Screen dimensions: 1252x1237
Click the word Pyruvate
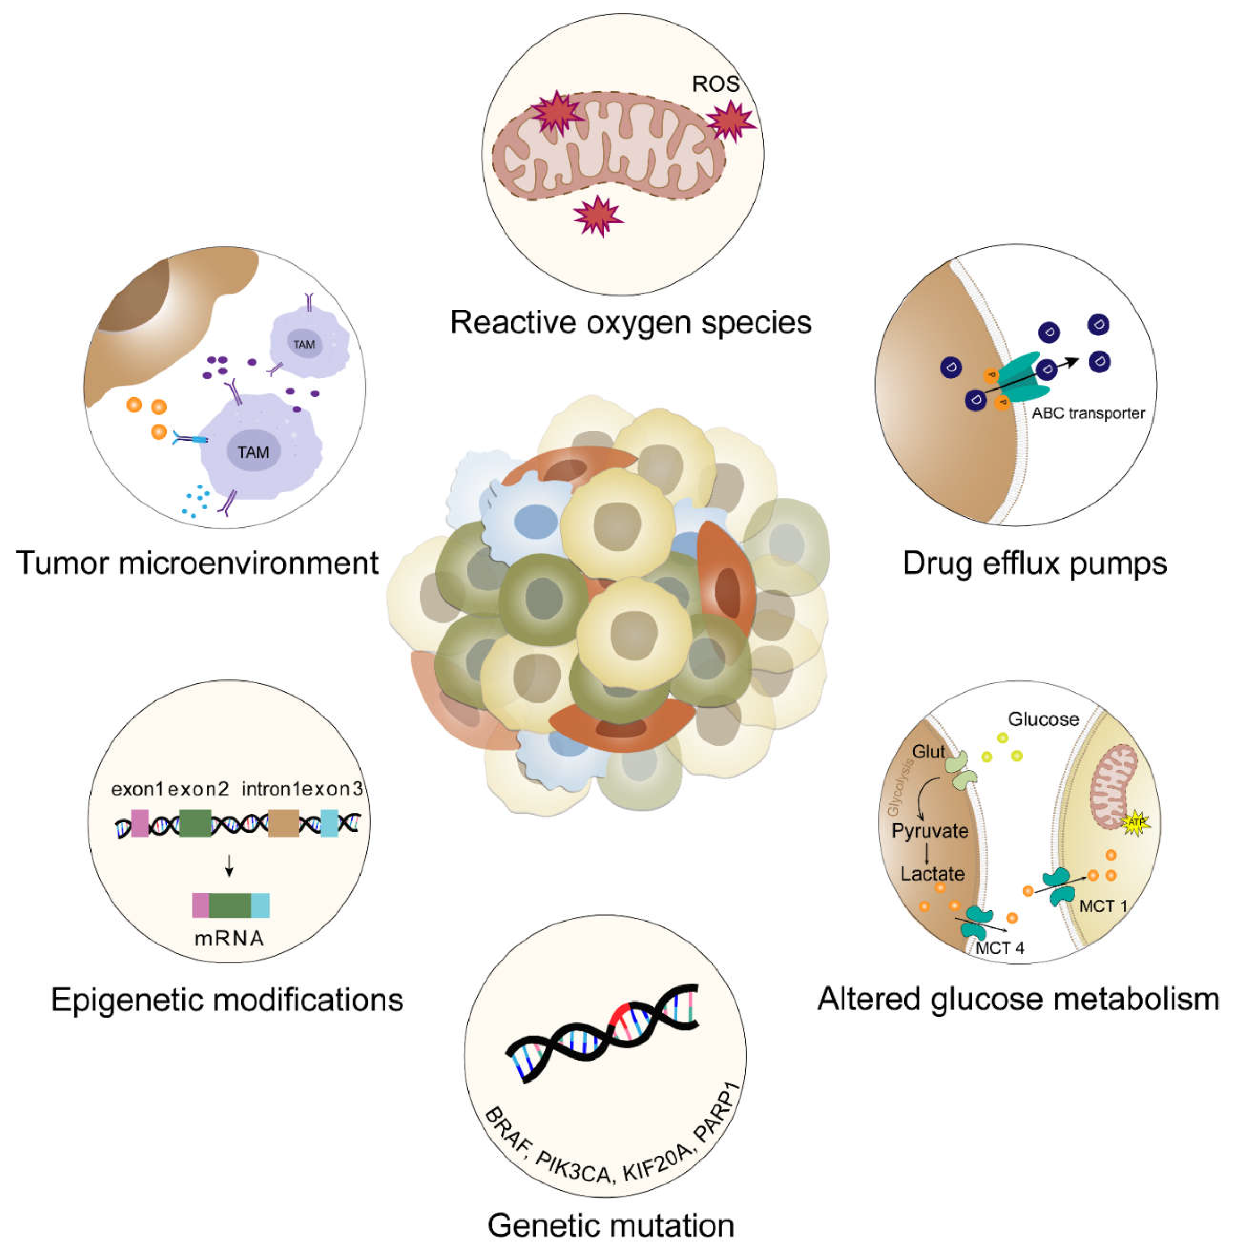(930, 831)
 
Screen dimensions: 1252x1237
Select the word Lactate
(932, 874)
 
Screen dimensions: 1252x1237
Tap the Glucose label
(1043, 719)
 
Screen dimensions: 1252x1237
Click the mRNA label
(230, 938)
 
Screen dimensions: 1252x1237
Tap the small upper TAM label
(304, 344)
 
